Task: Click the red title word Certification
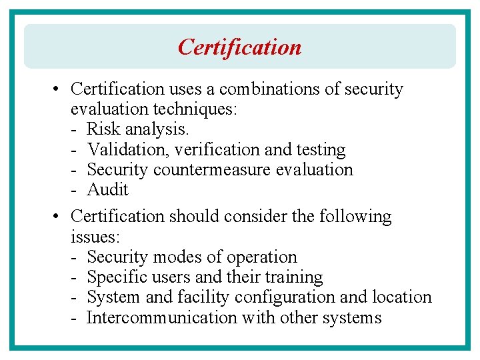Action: coord(239,47)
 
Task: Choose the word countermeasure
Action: coord(217,169)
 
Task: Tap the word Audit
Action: coord(107,189)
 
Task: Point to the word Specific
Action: coord(115,277)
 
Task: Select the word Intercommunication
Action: coord(162,317)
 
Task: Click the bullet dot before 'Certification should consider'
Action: coord(57,217)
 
